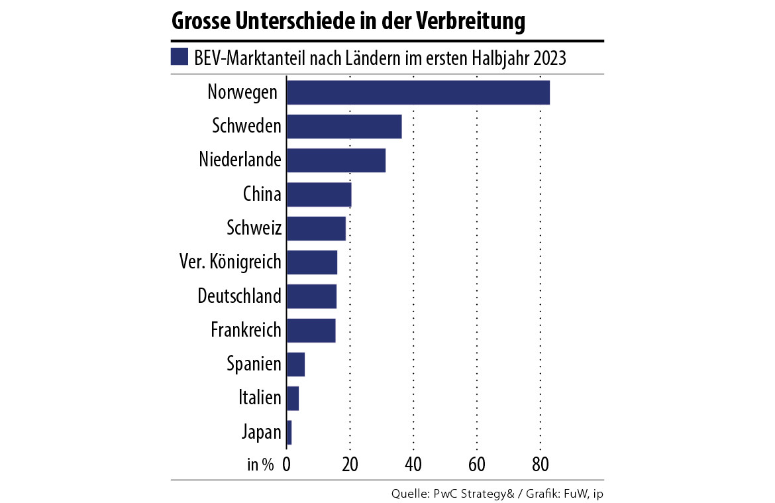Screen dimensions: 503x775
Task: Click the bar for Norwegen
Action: pyautogui.click(x=418, y=92)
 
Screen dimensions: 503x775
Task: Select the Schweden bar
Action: pyautogui.click(x=344, y=127)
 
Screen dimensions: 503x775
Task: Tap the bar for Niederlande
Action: pyautogui.click(x=336, y=161)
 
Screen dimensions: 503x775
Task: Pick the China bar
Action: pyautogui.click(x=319, y=195)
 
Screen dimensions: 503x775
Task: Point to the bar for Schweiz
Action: pyautogui.click(x=316, y=229)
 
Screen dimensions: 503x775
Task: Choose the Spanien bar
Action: pyautogui.click(x=295, y=364)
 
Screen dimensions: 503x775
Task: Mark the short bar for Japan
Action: pyautogui.click(x=289, y=433)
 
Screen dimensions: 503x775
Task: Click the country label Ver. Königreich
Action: pyautogui.click(x=230, y=262)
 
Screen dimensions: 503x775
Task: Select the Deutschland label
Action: pyautogui.click(x=239, y=296)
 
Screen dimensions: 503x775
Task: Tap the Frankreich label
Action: pyautogui.click(x=246, y=329)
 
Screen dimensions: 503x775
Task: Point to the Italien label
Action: pyautogui.click(x=260, y=398)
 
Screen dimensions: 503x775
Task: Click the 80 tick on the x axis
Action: pyautogui.click(x=541, y=463)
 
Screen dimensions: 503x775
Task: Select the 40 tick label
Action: pyautogui.click(x=413, y=463)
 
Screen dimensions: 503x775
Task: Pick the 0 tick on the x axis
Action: pyautogui.click(x=287, y=463)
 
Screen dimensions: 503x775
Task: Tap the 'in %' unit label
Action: pyautogui.click(x=260, y=464)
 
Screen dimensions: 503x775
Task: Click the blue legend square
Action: pyautogui.click(x=180, y=57)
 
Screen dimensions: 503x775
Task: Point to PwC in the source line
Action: pyautogui.click(x=444, y=494)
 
